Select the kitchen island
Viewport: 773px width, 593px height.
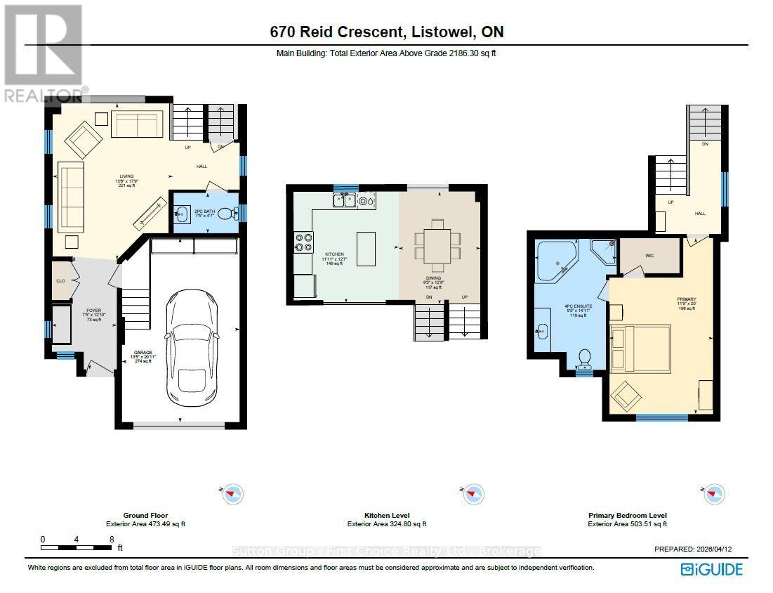coord(366,249)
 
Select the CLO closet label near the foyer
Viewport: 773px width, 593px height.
coord(61,279)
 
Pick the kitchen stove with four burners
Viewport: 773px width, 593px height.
coord(304,242)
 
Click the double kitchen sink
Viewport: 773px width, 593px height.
coord(345,201)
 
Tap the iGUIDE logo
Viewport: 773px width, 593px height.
coord(711,569)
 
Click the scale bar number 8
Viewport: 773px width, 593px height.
coord(110,540)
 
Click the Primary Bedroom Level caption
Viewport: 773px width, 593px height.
coord(627,515)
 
